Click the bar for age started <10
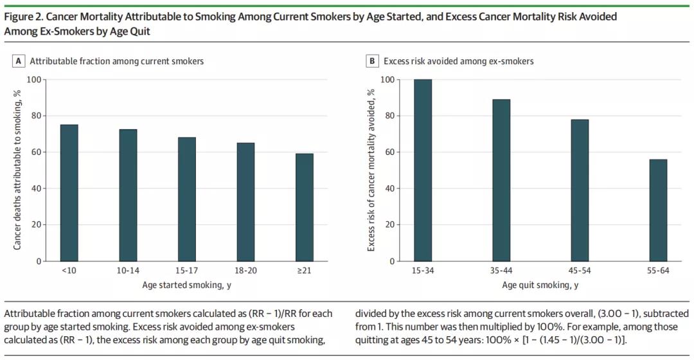(69, 193)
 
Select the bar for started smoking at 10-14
(128, 195)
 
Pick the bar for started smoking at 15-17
(187, 199)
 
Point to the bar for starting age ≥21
(305, 208)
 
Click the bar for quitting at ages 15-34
(423, 170)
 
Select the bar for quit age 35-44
(501, 181)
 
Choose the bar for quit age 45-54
(579, 190)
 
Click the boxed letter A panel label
(19, 61)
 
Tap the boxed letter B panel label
(372, 61)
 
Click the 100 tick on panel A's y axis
(33, 80)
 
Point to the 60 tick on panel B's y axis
(389, 152)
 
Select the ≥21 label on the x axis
(305, 271)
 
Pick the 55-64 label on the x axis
(657, 271)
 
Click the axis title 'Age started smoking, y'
(187, 285)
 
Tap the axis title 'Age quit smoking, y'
(540, 285)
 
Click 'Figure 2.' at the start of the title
(23, 17)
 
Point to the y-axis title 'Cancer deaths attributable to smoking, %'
(17, 170)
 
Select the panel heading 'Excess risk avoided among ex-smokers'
(458, 61)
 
